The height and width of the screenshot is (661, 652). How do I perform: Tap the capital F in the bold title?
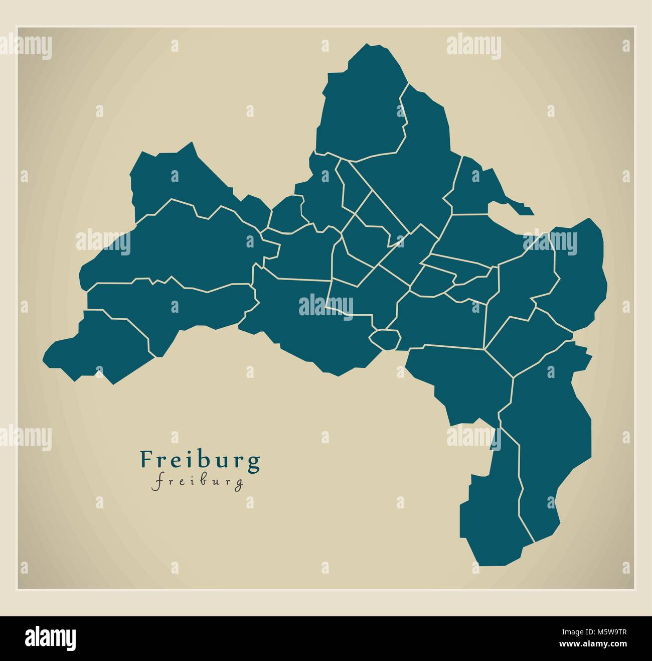coord(146,459)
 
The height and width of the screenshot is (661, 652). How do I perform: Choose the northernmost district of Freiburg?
coord(361,105)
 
